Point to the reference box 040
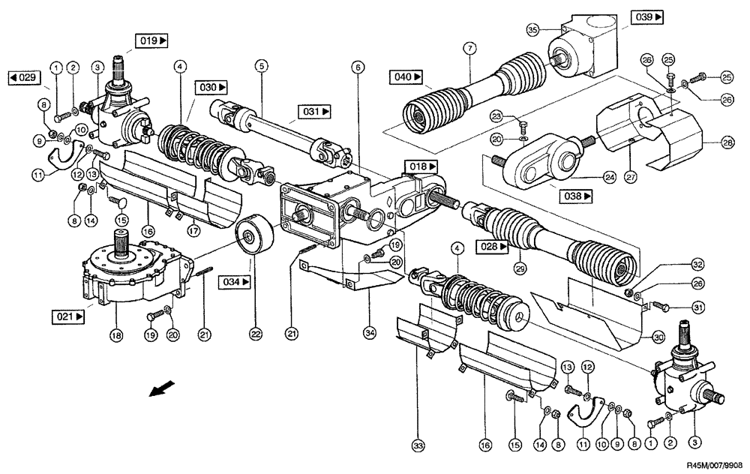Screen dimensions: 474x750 (406, 76)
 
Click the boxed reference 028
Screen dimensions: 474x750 (492, 246)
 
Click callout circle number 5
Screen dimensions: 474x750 (261, 65)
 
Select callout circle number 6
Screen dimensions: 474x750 (358, 67)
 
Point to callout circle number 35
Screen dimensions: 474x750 (533, 30)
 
